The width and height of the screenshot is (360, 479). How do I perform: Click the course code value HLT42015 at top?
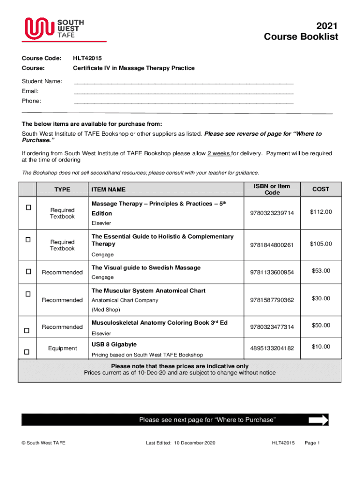(87, 58)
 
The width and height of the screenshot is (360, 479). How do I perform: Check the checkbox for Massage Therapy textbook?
(28, 207)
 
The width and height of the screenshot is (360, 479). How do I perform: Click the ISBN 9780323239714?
(272, 213)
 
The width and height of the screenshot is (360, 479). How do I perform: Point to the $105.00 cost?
(321, 244)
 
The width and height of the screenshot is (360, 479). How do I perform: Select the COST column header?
(321, 189)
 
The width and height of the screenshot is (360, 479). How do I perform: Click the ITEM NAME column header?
(108, 189)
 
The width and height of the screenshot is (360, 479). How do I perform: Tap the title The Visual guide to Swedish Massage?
(146, 268)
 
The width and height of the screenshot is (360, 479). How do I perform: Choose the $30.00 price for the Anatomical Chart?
(321, 298)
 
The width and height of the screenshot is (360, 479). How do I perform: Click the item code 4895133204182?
(272, 348)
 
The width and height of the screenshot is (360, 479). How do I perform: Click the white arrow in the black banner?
(318, 420)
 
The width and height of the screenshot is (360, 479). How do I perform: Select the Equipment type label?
(62, 348)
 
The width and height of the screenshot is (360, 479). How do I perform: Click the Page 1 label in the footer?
(312, 443)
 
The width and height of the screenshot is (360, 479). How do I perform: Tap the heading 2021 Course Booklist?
(301, 31)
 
